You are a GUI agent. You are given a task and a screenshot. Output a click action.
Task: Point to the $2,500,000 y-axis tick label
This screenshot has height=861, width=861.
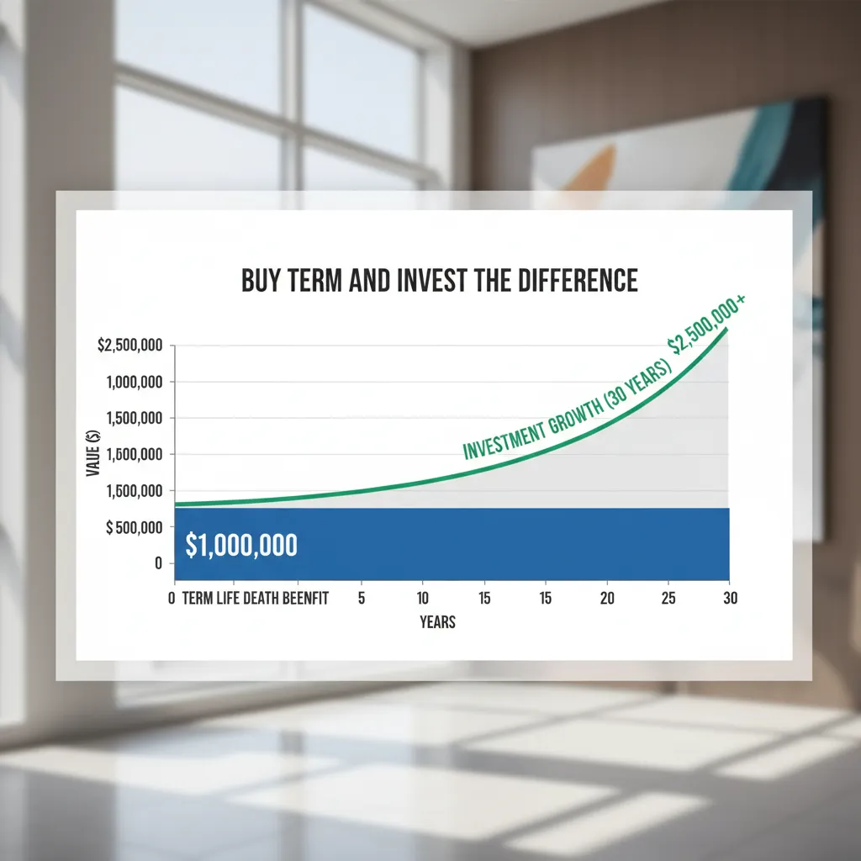(130, 346)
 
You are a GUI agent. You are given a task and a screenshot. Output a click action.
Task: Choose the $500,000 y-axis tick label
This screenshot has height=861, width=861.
(133, 527)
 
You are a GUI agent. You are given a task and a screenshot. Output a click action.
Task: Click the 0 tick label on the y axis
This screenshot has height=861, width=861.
(157, 563)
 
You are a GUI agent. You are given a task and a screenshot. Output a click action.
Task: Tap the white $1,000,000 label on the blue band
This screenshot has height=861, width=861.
(241, 546)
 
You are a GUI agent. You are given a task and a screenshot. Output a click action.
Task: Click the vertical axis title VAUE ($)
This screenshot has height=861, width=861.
(93, 453)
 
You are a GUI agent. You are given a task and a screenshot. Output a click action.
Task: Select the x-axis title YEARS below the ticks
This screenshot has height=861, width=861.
(437, 622)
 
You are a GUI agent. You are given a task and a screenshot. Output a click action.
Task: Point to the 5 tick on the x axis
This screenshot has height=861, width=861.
(361, 599)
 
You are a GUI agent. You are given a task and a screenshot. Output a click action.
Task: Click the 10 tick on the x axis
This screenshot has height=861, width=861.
(422, 599)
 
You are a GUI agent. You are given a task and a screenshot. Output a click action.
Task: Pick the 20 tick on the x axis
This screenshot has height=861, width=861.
(607, 599)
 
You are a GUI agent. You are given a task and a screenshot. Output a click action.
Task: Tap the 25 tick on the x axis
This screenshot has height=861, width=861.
(668, 599)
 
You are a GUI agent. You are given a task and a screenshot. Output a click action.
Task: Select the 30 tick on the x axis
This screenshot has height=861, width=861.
(729, 599)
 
